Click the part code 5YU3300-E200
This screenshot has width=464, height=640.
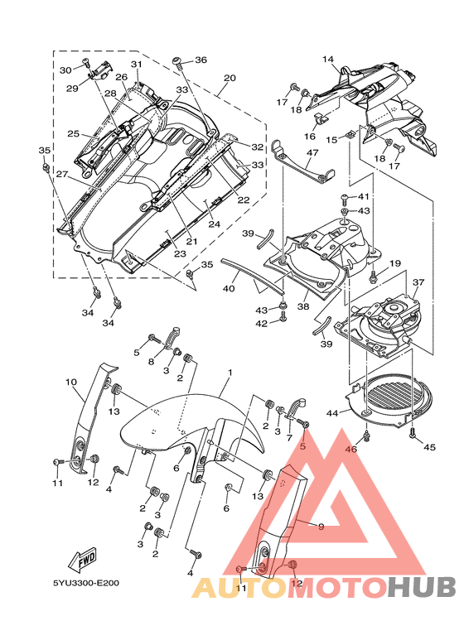coord(86,582)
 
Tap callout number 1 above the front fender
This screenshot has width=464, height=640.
coord(230,373)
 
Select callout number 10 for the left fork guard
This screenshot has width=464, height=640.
coord(70,382)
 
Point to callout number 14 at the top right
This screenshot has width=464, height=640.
coord(328,60)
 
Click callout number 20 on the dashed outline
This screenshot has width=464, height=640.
coord(230,78)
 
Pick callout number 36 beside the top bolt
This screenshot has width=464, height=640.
coord(201,60)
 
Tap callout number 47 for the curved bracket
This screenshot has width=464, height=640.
coord(312,152)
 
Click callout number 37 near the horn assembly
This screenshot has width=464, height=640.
coord(418,282)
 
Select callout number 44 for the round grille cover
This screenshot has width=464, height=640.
coord(331,413)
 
